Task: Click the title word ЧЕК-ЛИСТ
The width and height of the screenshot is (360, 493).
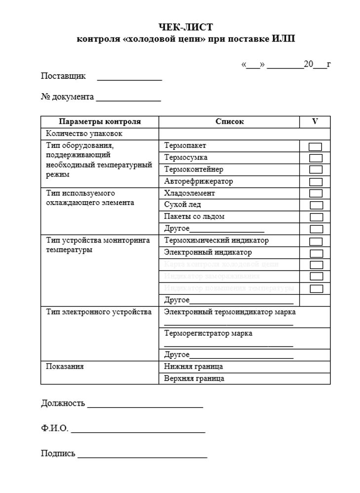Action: [186, 27]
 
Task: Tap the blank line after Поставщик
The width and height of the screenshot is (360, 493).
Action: [129, 78]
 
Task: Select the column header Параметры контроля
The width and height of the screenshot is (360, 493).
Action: [100, 121]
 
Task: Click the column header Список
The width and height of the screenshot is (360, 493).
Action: [229, 121]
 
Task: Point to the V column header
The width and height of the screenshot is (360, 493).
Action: [315, 121]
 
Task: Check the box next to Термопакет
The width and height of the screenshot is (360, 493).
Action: [316, 146]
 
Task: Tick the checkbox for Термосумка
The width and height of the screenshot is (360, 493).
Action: [316, 158]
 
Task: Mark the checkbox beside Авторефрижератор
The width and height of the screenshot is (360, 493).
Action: [316, 182]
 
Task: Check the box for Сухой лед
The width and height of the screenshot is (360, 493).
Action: [316, 206]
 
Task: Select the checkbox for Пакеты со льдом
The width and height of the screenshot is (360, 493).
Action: [316, 217]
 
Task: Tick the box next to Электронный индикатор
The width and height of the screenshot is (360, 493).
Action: [316, 253]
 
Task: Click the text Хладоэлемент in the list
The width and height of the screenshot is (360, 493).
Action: [189, 193]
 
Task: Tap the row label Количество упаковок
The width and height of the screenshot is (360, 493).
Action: [84, 134]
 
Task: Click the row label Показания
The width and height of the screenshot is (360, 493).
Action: [65, 367]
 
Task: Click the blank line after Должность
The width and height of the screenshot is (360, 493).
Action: [145, 406]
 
